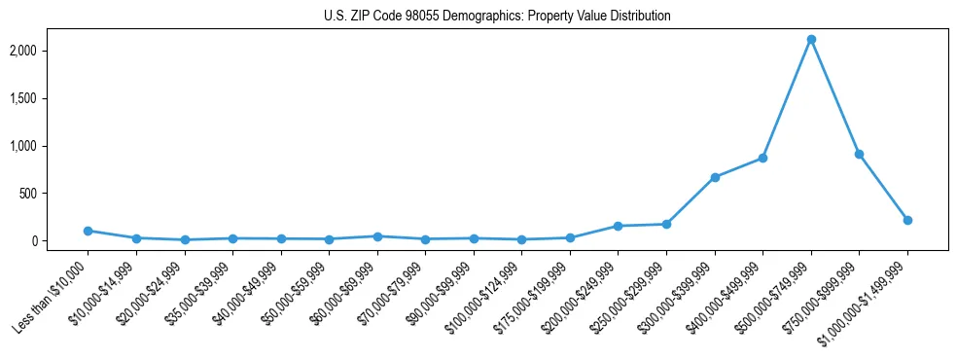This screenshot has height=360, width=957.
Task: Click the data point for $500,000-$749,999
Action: (811, 40)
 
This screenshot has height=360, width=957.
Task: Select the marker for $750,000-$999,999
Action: (859, 154)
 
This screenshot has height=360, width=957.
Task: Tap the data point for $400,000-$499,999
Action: (762, 158)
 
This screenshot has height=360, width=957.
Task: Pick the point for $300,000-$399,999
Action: (715, 177)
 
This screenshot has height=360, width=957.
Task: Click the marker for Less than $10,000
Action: (88, 231)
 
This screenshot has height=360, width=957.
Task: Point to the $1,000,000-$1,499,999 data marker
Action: (907, 220)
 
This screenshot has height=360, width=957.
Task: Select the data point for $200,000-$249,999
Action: (618, 226)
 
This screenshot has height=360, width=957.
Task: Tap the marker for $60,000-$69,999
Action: (377, 236)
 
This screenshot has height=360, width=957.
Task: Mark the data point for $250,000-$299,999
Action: (666, 224)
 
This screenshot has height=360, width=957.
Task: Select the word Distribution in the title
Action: (638, 17)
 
